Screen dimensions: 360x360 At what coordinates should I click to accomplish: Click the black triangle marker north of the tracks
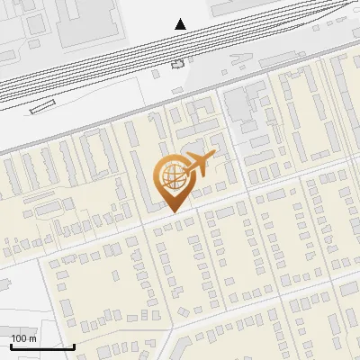(x=181, y=24)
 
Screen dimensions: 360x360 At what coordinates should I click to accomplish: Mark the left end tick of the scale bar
(x=11, y=345)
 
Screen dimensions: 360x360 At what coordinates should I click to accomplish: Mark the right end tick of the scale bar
(x=74, y=345)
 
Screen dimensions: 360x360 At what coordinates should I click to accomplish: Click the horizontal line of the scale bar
(x=42, y=346)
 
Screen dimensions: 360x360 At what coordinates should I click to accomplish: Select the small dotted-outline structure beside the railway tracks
(x=177, y=64)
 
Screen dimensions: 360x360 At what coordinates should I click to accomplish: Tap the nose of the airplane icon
(x=215, y=157)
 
